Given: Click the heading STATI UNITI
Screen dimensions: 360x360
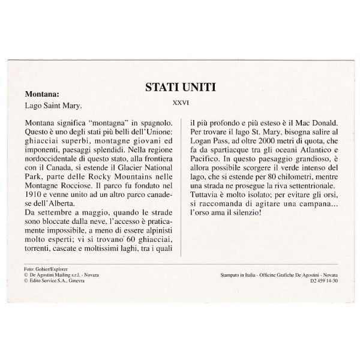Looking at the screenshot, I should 180,87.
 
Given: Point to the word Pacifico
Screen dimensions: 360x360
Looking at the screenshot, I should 206,155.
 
